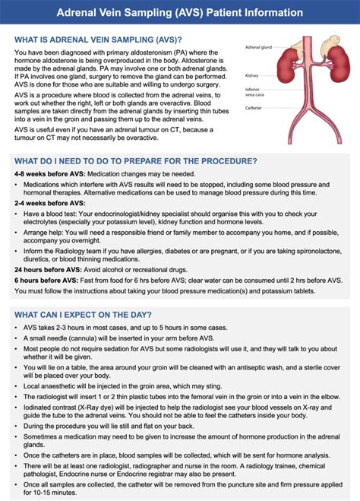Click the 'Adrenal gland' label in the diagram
259,46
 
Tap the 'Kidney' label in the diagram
251,75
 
